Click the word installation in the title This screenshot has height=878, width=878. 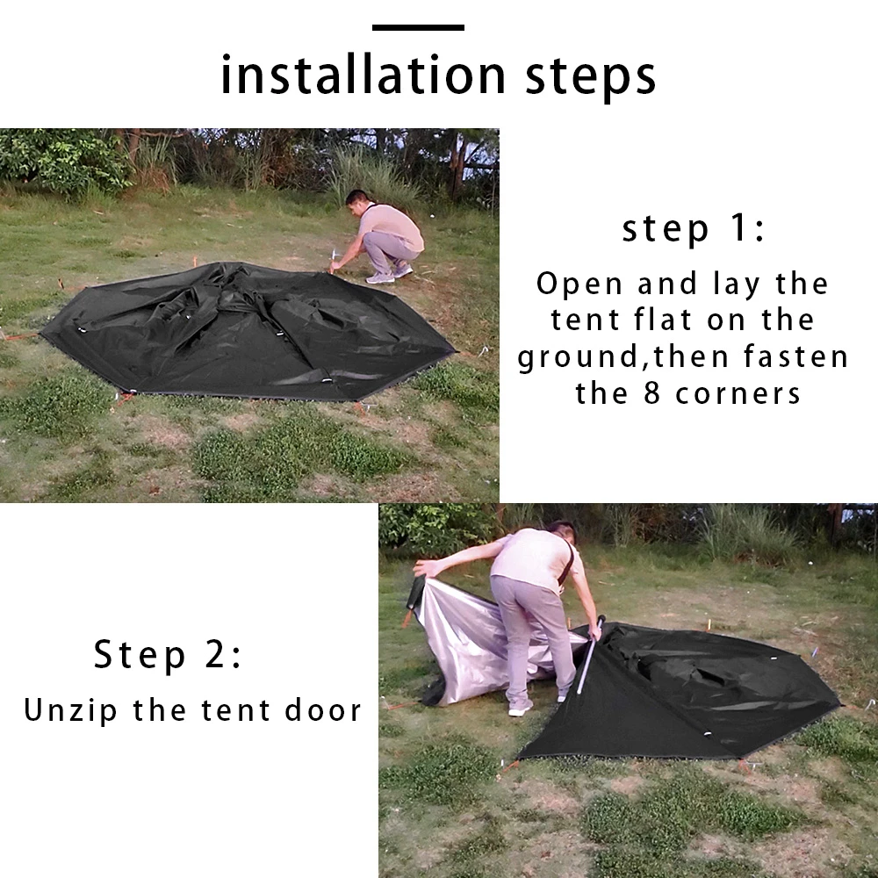click(363, 75)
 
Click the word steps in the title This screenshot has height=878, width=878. click(590, 78)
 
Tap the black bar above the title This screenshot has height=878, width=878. click(418, 27)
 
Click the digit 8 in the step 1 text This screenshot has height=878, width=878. click(651, 393)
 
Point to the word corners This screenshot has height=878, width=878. click(738, 394)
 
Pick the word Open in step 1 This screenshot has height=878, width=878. click(579, 284)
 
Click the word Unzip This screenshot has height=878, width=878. click(70, 711)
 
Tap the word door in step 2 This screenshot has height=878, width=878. click(323, 710)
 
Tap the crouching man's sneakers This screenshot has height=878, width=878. click(389, 274)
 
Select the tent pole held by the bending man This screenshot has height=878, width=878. click(590, 655)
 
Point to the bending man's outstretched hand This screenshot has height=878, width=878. click(425, 569)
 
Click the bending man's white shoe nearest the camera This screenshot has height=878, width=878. click(520, 708)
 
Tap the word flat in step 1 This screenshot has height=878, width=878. click(662, 320)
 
